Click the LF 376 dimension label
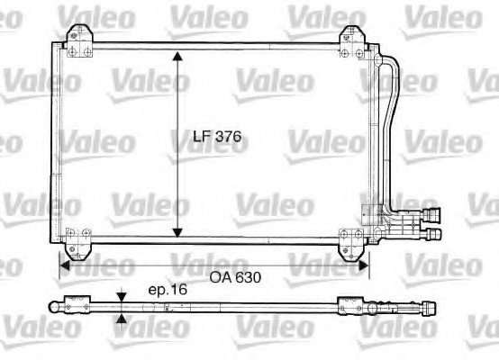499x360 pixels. click(x=217, y=137)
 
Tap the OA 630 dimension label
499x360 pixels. click(x=235, y=277)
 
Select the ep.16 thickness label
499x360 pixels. click(x=168, y=290)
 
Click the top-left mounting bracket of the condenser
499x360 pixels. click(x=79, y=41)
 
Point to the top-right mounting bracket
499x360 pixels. click(x=352, y=42)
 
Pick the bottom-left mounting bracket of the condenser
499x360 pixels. click(x=77, y=244)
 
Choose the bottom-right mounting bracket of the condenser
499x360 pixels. click(x=351, y=244)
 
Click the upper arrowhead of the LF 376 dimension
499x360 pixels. click(x=177, y=56)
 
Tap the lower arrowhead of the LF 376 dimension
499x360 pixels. click(x=177, y=232)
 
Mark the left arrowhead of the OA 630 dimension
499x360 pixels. click(x=65, y=265)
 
